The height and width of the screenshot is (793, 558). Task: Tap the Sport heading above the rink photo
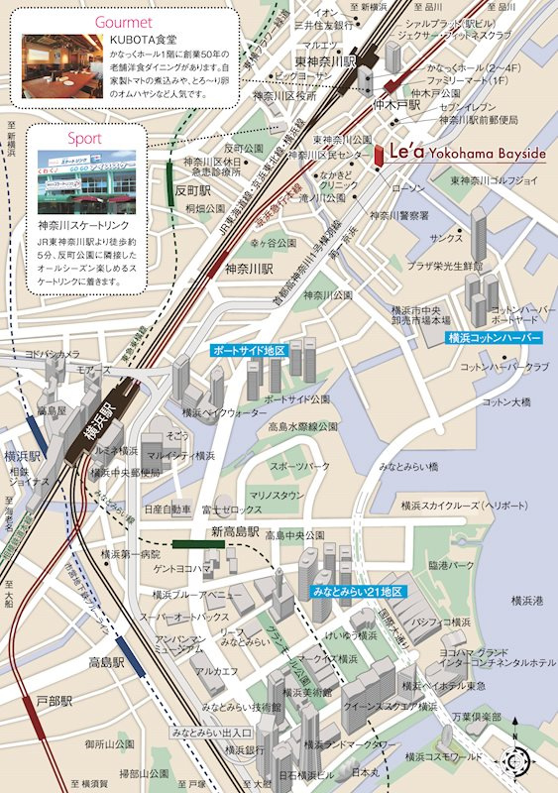coord(84,138)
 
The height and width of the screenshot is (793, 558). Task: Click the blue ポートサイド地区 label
coord(249,351)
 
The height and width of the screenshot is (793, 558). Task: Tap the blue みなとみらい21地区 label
coord(358,592)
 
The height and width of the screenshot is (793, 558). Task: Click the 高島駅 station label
coord(106,661)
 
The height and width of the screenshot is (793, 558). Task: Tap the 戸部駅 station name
coord(55,701)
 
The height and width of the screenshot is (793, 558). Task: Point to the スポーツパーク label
coord(300,466)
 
